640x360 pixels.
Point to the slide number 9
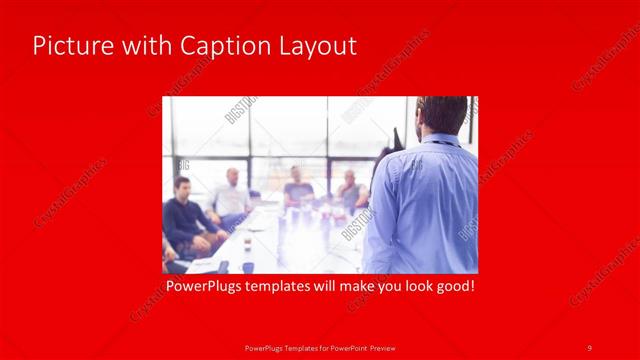[590, 347]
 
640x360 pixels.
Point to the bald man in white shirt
[231, 195]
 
